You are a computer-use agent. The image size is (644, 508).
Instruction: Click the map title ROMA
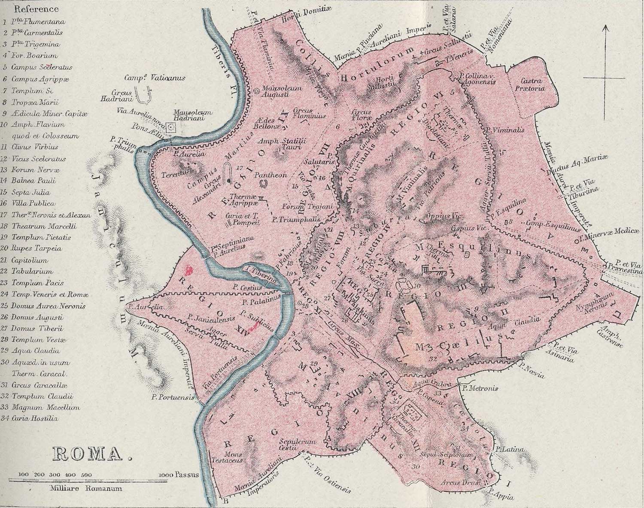[x=91, y=455]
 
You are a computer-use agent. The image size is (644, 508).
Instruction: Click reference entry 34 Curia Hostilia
[x=35, y=418]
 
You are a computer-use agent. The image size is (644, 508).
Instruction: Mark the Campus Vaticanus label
[x=154, y=78]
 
